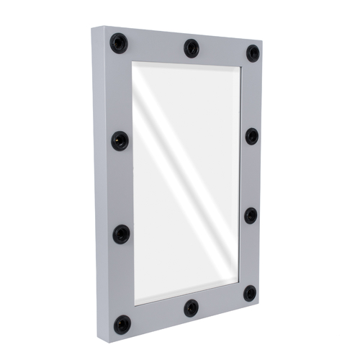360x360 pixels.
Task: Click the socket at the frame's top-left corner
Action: coord(119,43)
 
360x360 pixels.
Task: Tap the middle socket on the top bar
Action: coord(191,48)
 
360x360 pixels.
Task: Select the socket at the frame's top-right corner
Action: coord(253,53)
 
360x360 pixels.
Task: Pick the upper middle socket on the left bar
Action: coord(120,140)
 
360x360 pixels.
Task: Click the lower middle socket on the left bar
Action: coord(121,233)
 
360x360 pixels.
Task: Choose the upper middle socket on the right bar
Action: coord(251,136)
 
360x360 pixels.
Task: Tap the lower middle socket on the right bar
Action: coord(251,215)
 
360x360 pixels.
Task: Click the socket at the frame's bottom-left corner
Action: coord(122,325)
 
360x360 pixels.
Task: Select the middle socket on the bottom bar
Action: coord(191,308)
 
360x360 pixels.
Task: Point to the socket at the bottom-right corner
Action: coord(249,293)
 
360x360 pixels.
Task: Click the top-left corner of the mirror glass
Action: coord(132,63)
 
